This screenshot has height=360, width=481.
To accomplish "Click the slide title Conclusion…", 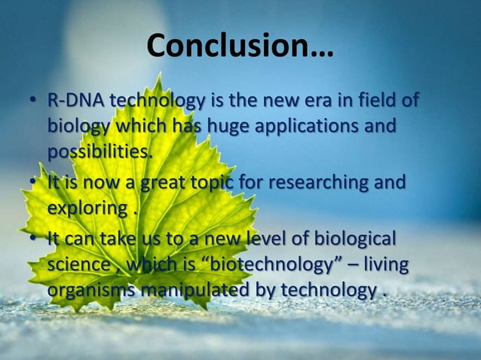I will [240, 47].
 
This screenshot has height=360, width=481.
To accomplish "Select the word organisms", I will [89, 290].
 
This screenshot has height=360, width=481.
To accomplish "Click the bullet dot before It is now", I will [34, 184].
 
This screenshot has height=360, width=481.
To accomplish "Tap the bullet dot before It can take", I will [34, 241].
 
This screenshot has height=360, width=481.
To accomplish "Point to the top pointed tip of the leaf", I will [158, 74].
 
